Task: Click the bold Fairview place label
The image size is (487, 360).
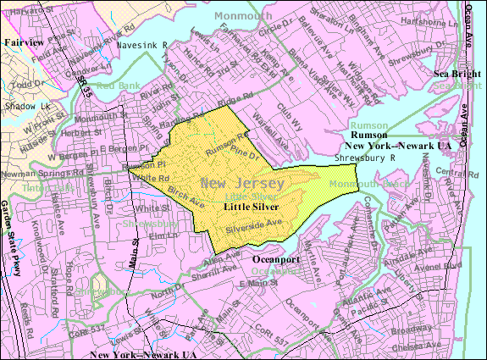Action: pos(23,41)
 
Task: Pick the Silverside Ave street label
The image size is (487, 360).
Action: pos(254,225)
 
